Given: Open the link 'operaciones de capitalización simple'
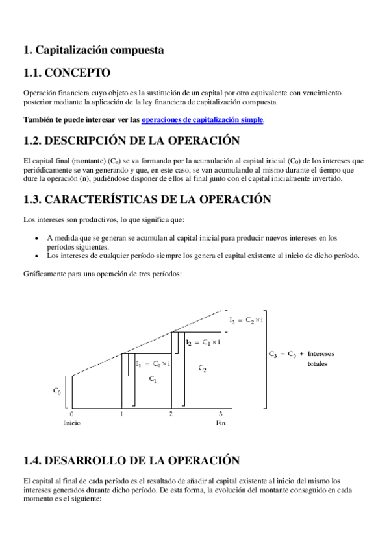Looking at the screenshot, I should click(x=202, y=120).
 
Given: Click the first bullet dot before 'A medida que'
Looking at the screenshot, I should click(x=40, y=238).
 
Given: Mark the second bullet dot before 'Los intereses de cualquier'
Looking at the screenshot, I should click(x=40, y=256).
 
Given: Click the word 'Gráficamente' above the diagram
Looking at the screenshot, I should click(x=42, y=274).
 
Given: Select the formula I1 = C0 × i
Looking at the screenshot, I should click(x=153, y=364).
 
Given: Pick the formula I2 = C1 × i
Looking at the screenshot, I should click(x=203, y=341).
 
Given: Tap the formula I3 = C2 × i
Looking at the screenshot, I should click(x=245, y=320).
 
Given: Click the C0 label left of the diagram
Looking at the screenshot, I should click(x=58, y=391).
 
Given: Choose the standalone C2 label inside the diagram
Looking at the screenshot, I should click(x=203, y=368).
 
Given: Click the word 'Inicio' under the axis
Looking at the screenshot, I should click(x=71, y=423).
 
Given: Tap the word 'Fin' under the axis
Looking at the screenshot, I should click(x=221, y=423).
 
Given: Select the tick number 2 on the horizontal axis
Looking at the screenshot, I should click(x=171, y=414).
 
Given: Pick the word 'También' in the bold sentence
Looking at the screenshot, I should click(x=38, y=120).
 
